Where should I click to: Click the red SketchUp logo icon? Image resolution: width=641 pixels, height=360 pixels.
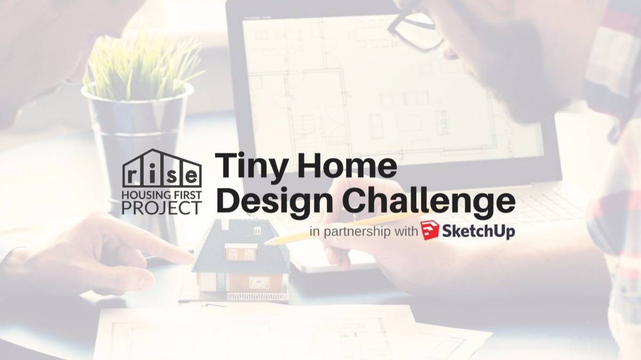pyautogui.click(x=429, y=230)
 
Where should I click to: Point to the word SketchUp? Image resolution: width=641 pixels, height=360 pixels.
pyautogui.click(x=479, y=231)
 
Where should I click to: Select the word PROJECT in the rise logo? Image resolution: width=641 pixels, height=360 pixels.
pyautogui.click(x=161, y=207)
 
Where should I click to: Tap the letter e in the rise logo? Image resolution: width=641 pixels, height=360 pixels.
pyautogui.click(x=190, y=175)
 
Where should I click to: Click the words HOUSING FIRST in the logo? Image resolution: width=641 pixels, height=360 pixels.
pyautogui.click(x=161, y=192)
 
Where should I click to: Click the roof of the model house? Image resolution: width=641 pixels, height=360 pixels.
pyautogui.click(x=240, y=235)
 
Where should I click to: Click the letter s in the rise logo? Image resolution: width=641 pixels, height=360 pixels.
pyautogui.click(x=172, y=175)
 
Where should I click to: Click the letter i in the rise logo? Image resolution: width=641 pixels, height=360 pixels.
pyautogui.click(x=153, y=174)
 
